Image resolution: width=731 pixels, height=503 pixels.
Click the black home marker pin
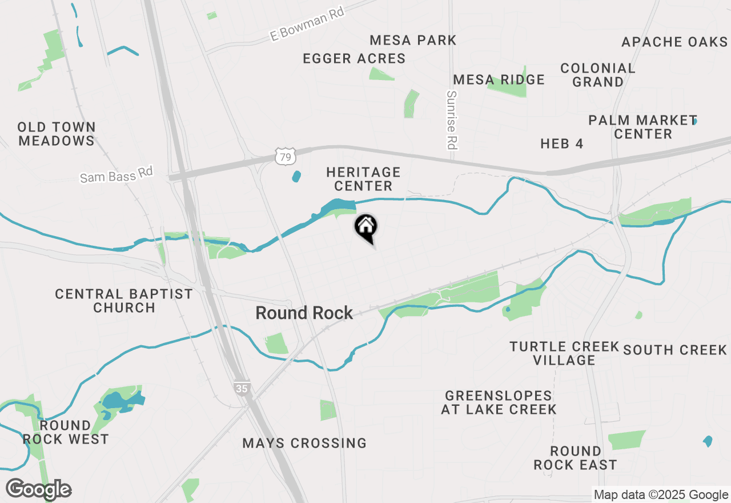365,227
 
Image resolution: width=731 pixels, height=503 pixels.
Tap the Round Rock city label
304,313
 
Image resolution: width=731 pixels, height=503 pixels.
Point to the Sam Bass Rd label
117,174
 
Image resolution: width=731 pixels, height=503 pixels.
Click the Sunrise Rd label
452,120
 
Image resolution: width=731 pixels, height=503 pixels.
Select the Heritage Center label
363,179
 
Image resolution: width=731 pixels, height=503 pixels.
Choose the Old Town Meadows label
56,134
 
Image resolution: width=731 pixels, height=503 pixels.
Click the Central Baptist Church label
124,301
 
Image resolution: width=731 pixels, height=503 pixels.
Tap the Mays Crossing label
304,443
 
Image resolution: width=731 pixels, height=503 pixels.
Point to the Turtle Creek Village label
564,353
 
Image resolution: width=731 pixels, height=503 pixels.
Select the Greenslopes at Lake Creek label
499,402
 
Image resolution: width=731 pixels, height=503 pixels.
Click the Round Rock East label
575,458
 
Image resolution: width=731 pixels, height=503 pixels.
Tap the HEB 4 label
562,143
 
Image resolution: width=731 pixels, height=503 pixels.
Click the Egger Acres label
354,58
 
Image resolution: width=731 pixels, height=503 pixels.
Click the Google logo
39,489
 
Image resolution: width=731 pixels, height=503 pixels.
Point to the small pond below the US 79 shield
296,176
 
